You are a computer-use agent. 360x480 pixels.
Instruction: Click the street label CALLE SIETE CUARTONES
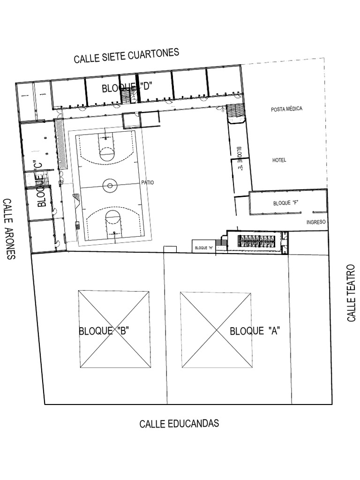pyautogui.click(x=126, y=55)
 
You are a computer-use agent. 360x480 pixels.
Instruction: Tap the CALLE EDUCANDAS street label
pyautogui.click(x=179, y=424)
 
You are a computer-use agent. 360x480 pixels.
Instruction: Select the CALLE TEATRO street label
pyautogui.click(x=352, y=292)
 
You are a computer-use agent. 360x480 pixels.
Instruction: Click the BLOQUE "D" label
pyautogui.click(x=128, y=87)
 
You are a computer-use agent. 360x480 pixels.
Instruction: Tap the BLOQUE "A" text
pyautogui.click(x=255, y=331)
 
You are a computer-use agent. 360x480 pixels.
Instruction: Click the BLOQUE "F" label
pyautogui.click(x=286, y=203)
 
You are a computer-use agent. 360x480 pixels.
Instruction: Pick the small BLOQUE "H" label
pyautogui.click(x=203, y=247)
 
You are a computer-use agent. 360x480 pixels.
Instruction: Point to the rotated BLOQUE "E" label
pyautogui.click(x=239, y=158)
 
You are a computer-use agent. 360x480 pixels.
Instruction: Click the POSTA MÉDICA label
pyautogui.click(x=286, y=109)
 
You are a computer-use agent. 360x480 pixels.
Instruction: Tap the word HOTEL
pyautogui.click(x=279, y=160)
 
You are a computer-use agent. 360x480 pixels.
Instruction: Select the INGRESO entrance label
pyautogui.click(x=316, y=222)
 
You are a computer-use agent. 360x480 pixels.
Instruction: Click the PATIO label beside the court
pyautogui.click(x=148, y=183)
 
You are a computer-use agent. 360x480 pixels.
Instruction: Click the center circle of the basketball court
pyautogui.click(x=110, y=186)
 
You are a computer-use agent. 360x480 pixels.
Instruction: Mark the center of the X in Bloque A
pyautogui.click(x=216, y=330)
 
